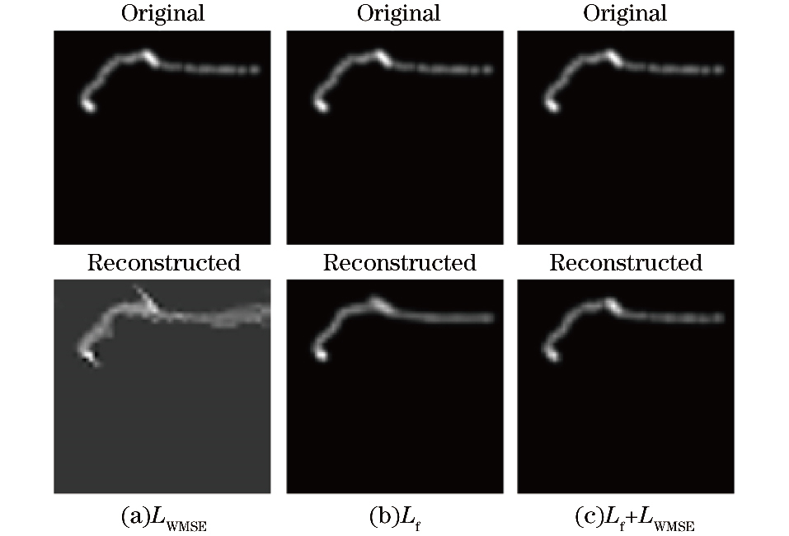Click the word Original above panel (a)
click(x=163, y=14)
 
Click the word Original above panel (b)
click(x=398, y=14)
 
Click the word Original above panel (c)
click(x=626, y=14)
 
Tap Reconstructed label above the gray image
click(x=163, y=263)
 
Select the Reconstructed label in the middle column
click(x=399, y=263)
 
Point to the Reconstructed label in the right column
click(x=626, y=263)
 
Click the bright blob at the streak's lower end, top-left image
click(x=88, y=106)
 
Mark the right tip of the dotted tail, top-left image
click(x=256, y=70)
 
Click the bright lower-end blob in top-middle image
click(x=321, y=106)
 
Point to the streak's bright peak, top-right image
click(x=611, y=56)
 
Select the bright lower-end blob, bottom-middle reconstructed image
click(x=321, y=354)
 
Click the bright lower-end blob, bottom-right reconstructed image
click(x=551, y=354)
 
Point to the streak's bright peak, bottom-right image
click(x=610, y=303)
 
